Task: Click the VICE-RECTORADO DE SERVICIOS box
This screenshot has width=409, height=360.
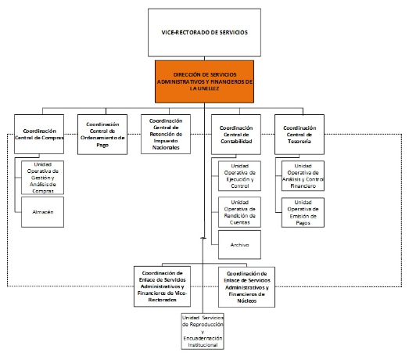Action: pyautogui.click(x=204, y=32)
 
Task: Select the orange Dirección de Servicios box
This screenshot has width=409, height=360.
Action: pyautogui.click(x=204, y=81)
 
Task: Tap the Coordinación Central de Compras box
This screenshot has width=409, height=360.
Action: pyautogui.click(x=39, y=134)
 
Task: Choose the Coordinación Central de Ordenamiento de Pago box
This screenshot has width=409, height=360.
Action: pyautogui.click(x=102, y=135)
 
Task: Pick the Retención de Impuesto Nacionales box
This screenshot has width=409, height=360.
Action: pyautogui.click(x=166, y=134)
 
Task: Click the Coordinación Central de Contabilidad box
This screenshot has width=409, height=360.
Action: pyautogui.click(x=236, y=135)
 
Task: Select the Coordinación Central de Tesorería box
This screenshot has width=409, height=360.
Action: pyautogui.click(x=300, y=135)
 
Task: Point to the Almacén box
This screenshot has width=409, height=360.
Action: pyautogui.click(x=42, y=212)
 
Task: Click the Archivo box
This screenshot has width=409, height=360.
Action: pyautogui.click(x=239, y=245)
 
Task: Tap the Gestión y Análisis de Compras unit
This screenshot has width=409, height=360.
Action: pyautogui.click(x=42, y=178)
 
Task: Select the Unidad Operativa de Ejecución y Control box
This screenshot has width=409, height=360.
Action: pyautogui.click(x=239, y=175)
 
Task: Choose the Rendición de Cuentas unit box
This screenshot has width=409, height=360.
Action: pyautogui.click(x=239, y=212)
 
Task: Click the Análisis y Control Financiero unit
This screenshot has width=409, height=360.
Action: pyautogui.click(x=303, y=175)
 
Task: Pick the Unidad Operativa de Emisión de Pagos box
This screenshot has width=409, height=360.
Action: pyautogui.click(x=303, y=213)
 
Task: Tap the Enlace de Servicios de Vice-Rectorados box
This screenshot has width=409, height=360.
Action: pyautogui.click(x=162, y=286)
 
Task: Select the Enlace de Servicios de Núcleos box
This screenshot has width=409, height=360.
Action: pyautogui.click(x=246, y=287)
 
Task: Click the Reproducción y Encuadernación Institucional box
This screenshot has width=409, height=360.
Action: pyautogui.click(x=203, y=331)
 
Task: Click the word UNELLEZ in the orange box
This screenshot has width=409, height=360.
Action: pyautogui.click(x=208, y=88)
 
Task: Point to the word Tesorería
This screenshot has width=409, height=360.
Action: pyautogui.click(x=300, y=141)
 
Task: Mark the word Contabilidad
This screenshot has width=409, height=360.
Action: pyautogui.click(x=236, y=141)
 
